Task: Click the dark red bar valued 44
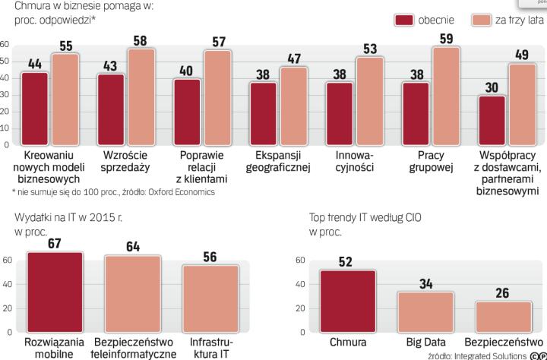click(35, 108)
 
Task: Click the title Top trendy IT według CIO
click(365, 216)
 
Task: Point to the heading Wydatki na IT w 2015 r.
click(62, 216)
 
